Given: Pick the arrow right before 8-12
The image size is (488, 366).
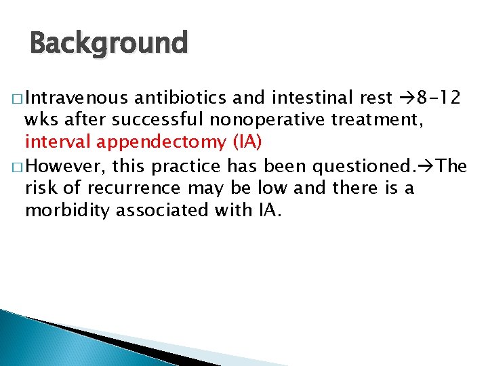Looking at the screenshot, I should click(405, 98).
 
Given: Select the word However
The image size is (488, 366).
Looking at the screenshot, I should click(65, 165).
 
